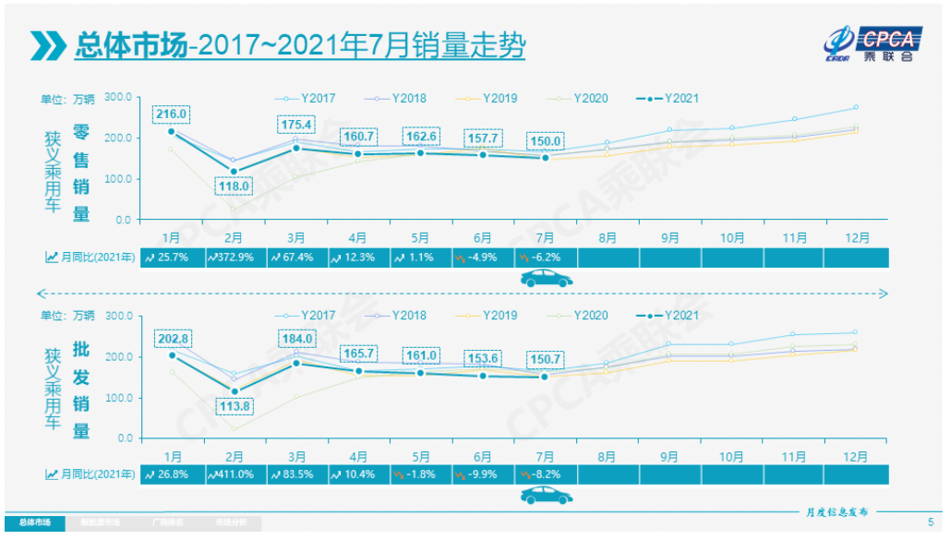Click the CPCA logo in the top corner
click(x=876, y=43)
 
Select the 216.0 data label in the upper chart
click(x=172, y=114)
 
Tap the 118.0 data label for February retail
click(x=234, y=186)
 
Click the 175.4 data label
click(x=297, y=125)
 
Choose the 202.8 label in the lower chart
click(x=173, y=339)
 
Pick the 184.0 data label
click(x=297, y=338)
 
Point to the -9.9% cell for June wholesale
click(x=483, y=474)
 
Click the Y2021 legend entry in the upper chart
click(x=670, y=98)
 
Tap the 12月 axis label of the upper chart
click(x=857, y=238)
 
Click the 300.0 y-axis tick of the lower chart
click(x=119, y=316)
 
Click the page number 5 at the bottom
click(x=930, y=522)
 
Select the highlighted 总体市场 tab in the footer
click(x=34, y=522)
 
